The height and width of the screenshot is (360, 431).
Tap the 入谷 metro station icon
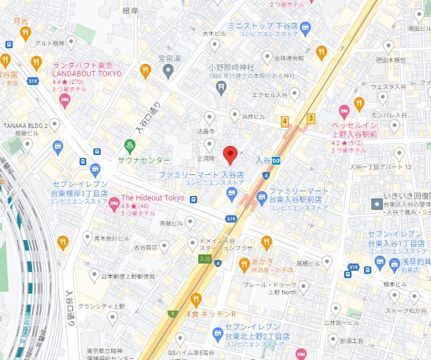pos(275,160)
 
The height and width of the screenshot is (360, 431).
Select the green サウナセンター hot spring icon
pos(129,145)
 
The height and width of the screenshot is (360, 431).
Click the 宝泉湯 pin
pos(168,71)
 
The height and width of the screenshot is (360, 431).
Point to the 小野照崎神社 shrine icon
pos(222,89)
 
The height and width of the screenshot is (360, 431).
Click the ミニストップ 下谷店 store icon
pos(305,27)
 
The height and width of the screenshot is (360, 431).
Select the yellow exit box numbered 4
pos(285,121)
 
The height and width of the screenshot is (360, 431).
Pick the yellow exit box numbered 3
pos(311,118)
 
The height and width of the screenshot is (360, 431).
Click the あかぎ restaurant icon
pos(244,264)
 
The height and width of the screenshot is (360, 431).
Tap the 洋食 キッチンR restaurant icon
pos(195,299)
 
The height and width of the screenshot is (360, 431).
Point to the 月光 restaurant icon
pos(25,33)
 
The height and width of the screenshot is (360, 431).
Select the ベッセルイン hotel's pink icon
pos(344,111)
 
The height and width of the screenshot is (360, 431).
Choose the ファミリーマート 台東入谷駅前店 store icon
pos(262,197)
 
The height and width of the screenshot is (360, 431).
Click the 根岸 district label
pos(130,11)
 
